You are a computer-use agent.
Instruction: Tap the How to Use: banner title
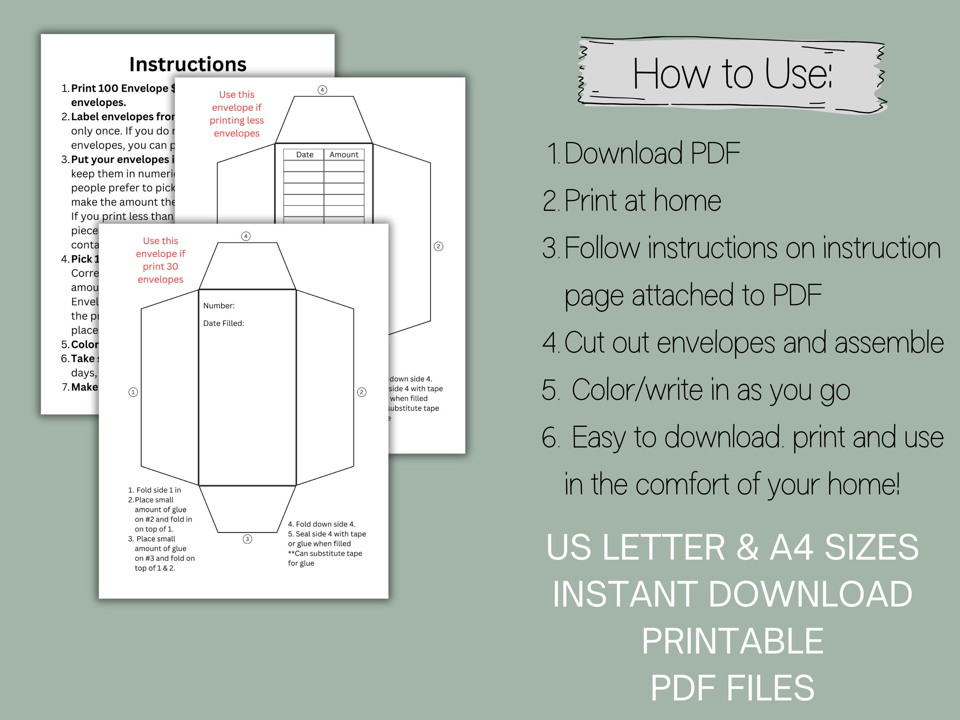coord(732,75)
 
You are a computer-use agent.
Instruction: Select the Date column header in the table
coord(305,155)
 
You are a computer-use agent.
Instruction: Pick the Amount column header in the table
coord(344,155)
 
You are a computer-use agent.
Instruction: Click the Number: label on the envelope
coord(219,305)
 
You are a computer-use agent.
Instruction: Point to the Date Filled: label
coord(224,323)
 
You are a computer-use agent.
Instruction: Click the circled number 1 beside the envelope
coord(133,392)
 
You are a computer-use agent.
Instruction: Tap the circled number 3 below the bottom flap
coord(247,539)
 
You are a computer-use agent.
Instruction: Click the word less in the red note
coord(255,120)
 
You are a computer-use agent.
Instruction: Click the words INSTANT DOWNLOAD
coord(732,594)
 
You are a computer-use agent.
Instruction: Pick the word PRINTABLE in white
coord(732,641)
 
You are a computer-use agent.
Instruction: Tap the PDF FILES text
coord(732,688)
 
